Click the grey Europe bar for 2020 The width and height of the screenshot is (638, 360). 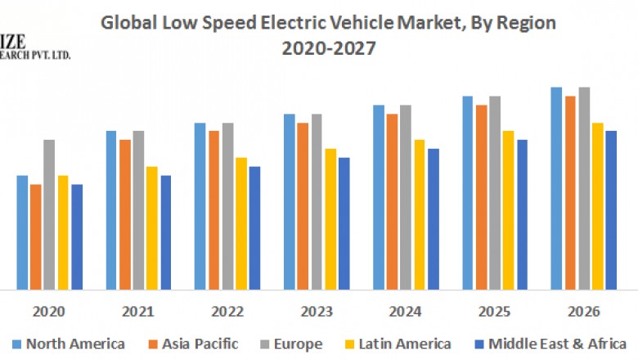49,214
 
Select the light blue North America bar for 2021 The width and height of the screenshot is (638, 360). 111,209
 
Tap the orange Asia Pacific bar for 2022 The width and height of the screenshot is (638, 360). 213,209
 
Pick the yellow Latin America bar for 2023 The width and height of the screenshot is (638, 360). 330,218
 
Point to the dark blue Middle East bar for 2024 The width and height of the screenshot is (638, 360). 434,218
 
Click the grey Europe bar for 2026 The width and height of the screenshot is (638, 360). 584,188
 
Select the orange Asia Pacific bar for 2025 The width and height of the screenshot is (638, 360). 482,196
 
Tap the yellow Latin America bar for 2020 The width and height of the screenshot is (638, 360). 63,232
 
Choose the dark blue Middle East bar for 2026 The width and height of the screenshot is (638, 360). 611,209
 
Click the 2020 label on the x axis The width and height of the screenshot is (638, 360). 49,312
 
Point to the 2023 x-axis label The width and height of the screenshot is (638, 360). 316,312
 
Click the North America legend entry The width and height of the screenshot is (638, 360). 69,344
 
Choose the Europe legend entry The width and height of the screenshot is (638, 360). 290,344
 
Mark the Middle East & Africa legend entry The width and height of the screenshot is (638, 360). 548,344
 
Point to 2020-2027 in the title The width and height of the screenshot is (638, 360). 328,49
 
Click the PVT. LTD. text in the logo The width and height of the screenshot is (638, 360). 51,55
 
